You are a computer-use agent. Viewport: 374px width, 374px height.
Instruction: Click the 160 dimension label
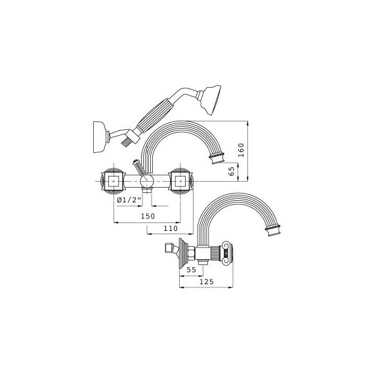(241, 150)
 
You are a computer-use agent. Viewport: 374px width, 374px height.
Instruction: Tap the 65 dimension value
(232, 171)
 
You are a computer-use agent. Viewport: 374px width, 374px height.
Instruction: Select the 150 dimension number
(148, 216)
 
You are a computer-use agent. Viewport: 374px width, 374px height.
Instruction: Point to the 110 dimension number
(171, 228)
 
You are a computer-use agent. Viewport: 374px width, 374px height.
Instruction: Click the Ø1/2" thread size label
(129, 200)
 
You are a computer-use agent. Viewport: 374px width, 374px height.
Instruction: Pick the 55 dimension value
(192, 270)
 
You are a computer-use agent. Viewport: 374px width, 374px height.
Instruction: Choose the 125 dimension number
(207, 282)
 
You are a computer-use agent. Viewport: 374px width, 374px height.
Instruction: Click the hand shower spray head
(211, 100)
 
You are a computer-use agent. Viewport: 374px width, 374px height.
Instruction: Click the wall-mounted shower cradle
(99, 137)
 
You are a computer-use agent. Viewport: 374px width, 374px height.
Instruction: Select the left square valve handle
(114, 181)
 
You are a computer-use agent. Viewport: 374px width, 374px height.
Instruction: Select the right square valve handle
(180, 181)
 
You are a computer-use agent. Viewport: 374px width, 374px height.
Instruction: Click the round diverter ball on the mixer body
(146, 182)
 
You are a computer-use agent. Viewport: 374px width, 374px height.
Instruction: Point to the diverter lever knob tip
(135, 162)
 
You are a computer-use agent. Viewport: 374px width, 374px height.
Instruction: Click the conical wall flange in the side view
(183, 253)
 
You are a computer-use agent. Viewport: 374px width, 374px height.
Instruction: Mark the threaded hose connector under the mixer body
(146, 191)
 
